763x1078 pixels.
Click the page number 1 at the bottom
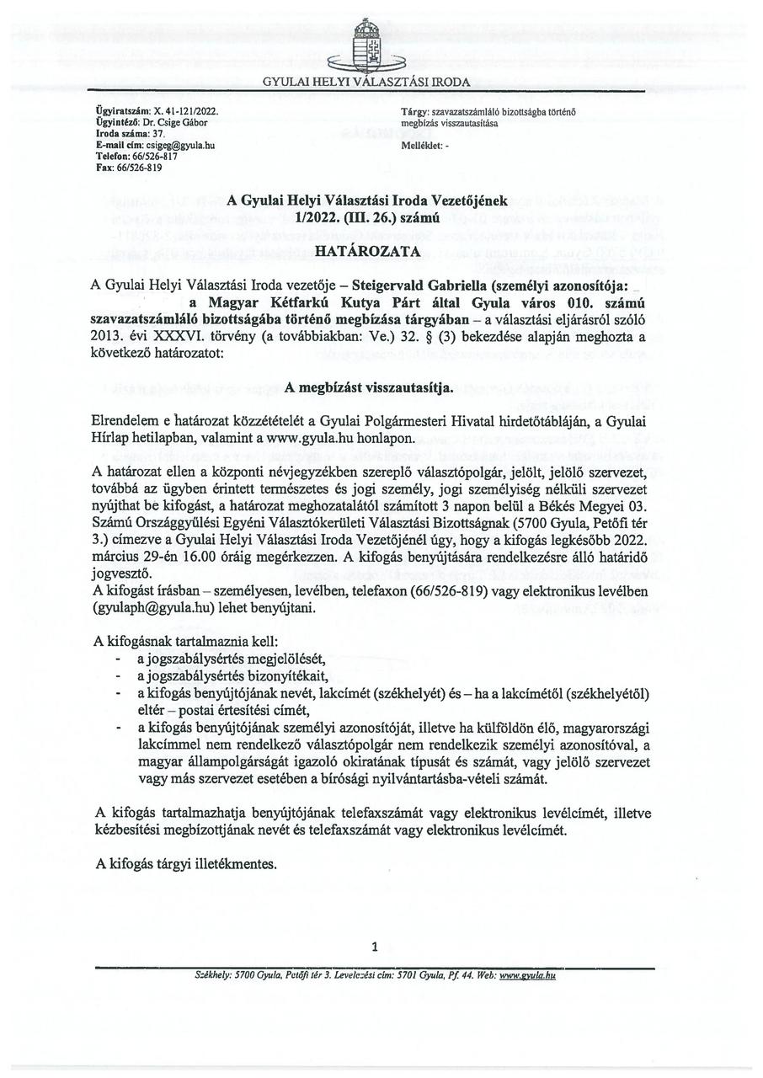point(374,947)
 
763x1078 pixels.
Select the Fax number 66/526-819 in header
point(138,168)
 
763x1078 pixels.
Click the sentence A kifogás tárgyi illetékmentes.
point(185,864)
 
